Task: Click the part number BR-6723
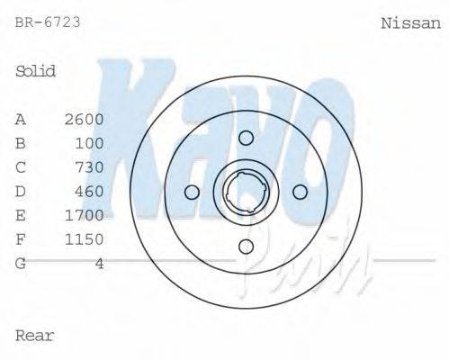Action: pos(48,22)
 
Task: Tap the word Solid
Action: pos(36,71)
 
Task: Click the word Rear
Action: pos(35,336)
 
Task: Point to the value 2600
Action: pos(85,119)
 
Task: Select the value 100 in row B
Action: pos(90,143)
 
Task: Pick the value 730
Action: pos(90,167)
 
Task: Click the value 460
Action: pos(90,191)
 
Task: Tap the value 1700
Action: pos(85,215)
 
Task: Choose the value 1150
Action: pos(85,239)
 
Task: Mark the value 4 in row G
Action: pos(99,263)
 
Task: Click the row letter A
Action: pos(21,119)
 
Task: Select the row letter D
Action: pos(21,191)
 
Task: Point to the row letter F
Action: pos(21,239)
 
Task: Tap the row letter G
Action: pos(21,263)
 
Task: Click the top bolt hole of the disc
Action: pos(246,137)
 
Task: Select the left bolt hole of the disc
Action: pos(191,192)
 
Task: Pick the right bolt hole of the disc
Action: pos(301,192)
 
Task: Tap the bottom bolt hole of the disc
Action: pos(246,247)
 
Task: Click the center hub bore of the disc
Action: pos(246,192)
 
